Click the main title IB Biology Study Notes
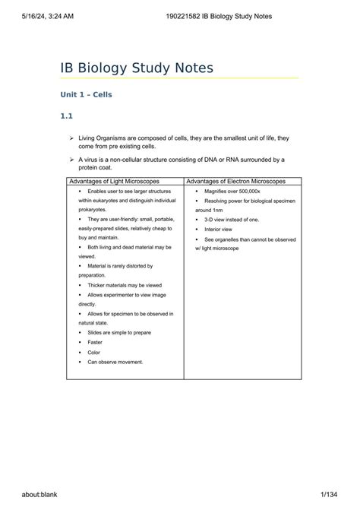tap(137, 68)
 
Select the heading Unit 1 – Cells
tap(86, 95)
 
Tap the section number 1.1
tap(66, 116)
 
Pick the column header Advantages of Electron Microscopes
tap(236, 182)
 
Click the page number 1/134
tap(330, 494)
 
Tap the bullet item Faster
tap(95, 342)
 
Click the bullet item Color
tap(93, 352)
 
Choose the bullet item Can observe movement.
tap(115, 362)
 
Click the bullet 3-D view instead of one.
tap(231, 219)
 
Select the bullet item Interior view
tap(221, 229)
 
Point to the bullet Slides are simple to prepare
tap(120, 332)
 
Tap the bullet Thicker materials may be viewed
tap(124, 285)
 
